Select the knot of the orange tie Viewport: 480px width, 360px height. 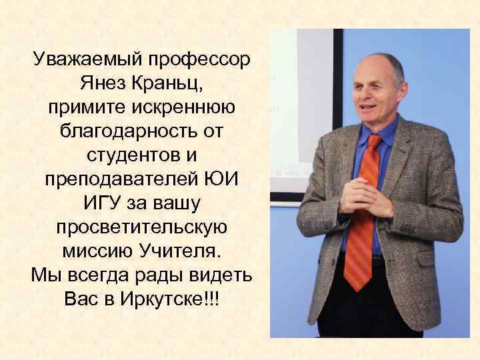click(x=373, y=142)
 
